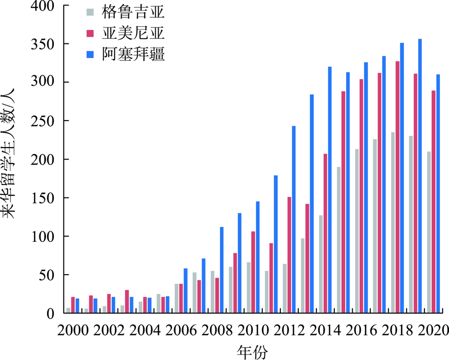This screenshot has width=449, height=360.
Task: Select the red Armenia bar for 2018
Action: tap(398, 187)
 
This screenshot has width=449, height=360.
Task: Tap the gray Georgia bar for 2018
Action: tap(393, 222)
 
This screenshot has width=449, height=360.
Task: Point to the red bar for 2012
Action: tap(289, 255)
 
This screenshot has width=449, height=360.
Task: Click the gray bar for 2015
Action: tap(339, 240)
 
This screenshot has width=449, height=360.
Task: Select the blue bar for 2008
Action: tap(222, 270)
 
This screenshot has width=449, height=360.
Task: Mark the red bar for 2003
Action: tap(127, 302)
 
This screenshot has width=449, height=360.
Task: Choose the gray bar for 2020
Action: tap(429, 232)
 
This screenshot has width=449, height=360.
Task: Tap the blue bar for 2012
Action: tap(294, 219)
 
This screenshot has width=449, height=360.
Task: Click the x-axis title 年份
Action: tap(252, 352)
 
